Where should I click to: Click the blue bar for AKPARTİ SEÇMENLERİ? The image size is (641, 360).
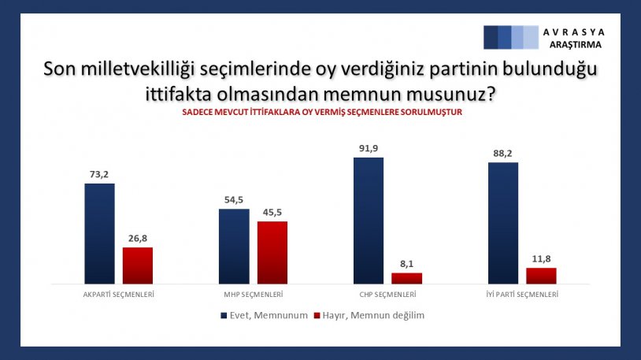[99, 233]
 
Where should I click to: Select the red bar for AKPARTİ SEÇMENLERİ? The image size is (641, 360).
[138, 265]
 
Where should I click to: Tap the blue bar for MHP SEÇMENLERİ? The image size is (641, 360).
[234, 246]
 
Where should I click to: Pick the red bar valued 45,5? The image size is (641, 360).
[272, 252]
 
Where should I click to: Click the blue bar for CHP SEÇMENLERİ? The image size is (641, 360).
[369, 220]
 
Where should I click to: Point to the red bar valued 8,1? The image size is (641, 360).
[407, 278]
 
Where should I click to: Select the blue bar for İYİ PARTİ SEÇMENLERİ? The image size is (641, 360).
[503, 223]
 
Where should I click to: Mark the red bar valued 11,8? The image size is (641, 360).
[541, 276]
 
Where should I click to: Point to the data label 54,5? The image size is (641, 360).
[234, 199]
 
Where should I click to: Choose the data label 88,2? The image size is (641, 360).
[503, 153]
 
